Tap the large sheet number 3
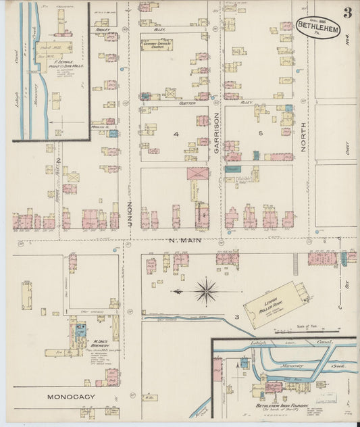point(346,12)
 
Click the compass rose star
point(205,291)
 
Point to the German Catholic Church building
point(157,45)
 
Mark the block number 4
point(176,135)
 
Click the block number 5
point(260,134)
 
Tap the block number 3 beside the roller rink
point(237,316)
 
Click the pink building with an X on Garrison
point(198,174)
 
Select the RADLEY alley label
point(103,30)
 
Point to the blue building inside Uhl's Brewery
point(80,330)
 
